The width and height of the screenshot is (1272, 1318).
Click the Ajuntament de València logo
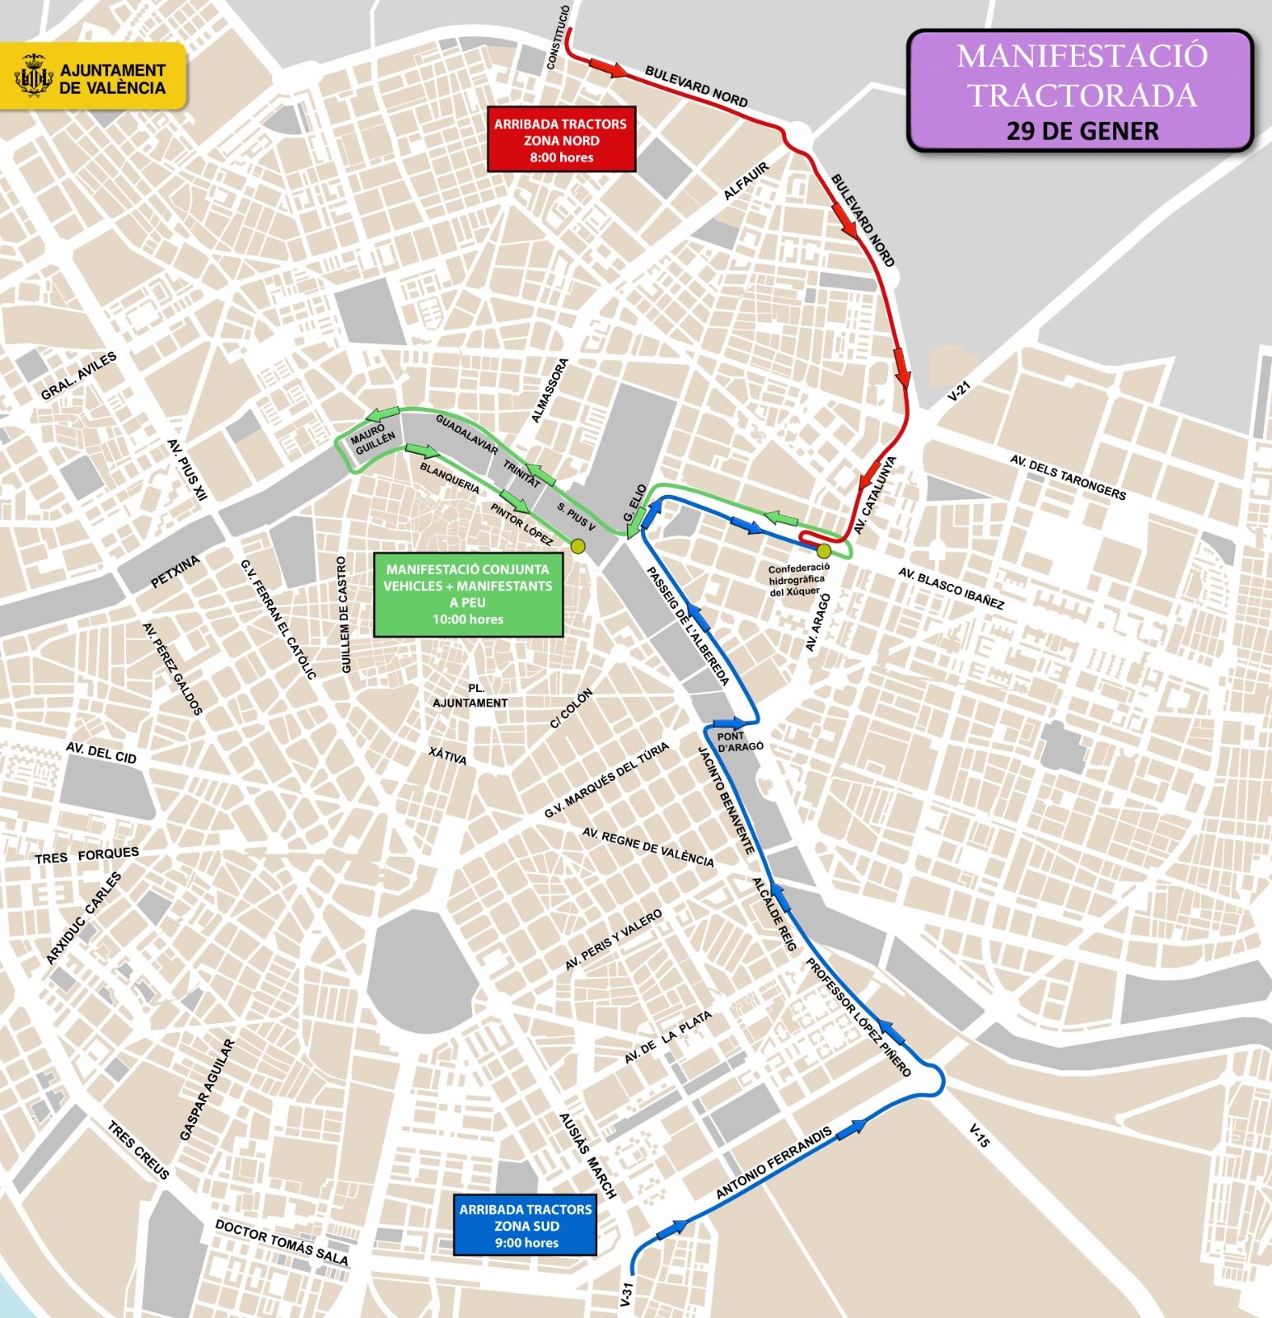pyautogui.click(x=93, y=77)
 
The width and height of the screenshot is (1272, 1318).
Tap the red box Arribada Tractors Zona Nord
pyautogui.click(x=561, y=140)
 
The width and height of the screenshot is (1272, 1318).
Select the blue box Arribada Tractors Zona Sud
pyautogui.click(x=526, y=1226)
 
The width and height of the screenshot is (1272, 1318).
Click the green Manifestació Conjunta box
pyautogui.click(x=468, y=594)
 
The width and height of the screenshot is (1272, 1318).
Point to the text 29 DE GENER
pyautogui.click(x=1082, y=131)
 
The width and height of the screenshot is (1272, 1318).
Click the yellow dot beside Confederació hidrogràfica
pyautogui.click(x=823, y=550)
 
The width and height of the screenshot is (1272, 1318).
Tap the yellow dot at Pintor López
pyautogui.click(x=578, y=546)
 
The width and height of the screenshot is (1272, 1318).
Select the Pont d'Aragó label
pyautogui.click(x=739, y=741)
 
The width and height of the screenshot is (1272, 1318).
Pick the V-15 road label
pyautogui.click(x=979, y=1136)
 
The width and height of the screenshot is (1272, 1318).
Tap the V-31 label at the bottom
pyautogui.click(x=627, y=1293)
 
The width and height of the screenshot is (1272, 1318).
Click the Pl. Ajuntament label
pyautogui.click(x=471, y=695)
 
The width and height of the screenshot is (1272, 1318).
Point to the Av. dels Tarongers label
pyautogui.click(x=1068, y=477)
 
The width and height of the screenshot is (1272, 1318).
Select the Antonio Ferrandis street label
pyautogui.click(x=774, y=1162)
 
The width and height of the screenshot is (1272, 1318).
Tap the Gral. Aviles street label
pyautogui.click(x=79, y=376)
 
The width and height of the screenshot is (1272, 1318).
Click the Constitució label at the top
pyautogui.click(x=558, y=38)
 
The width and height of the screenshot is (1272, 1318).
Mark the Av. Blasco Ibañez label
pyautogui.click(x=951, y=588)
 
